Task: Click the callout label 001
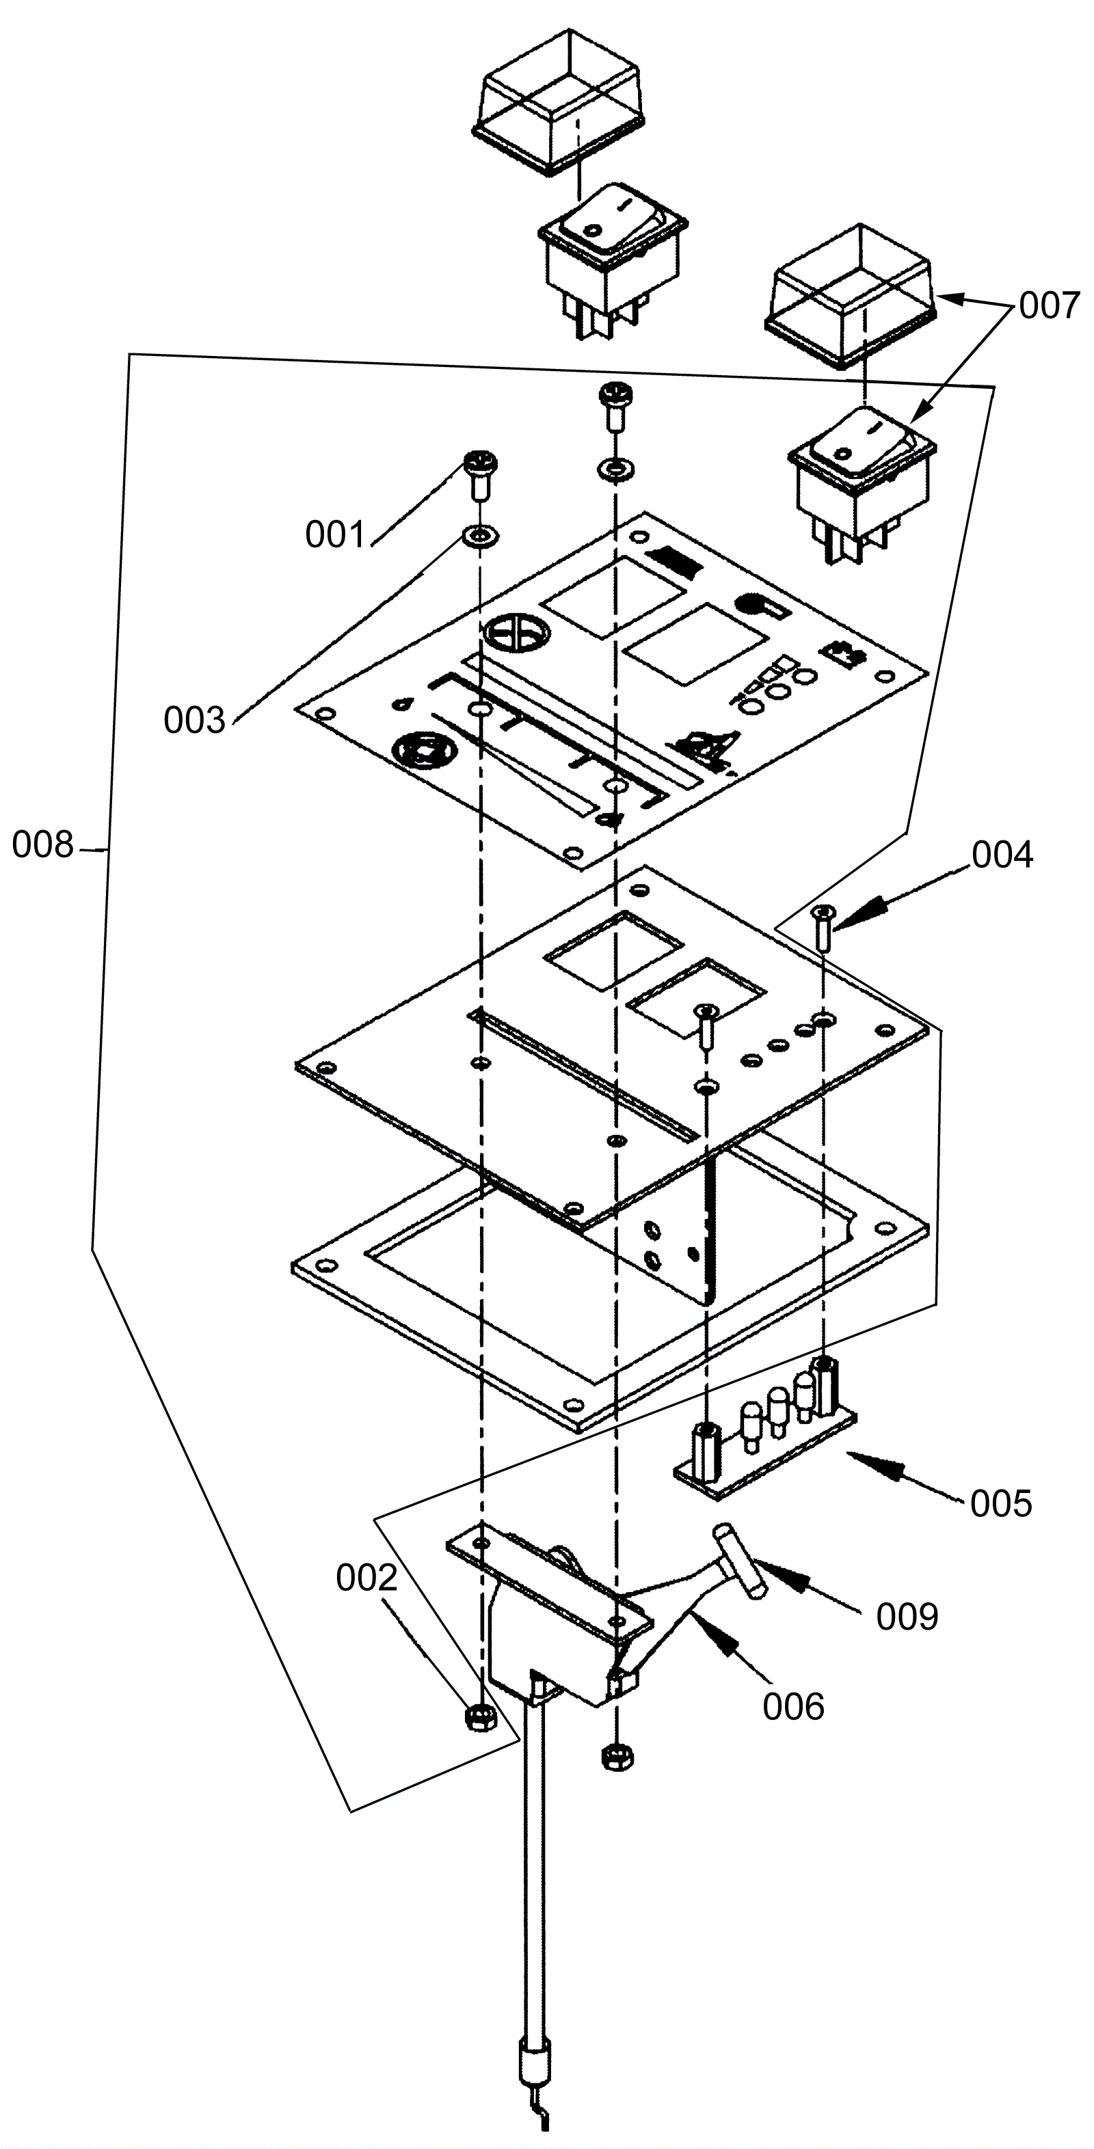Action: point(336,535)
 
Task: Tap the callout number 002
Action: point(366,1578)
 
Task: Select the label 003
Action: point(194,721)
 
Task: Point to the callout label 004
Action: point(1002,855)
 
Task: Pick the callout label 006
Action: point(794,1707)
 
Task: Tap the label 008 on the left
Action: point(42,845)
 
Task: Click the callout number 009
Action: point(907,1617)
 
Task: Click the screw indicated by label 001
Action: point(481,473)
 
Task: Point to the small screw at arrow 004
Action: point(824,926)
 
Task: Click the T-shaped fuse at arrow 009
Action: point(738,1560)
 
